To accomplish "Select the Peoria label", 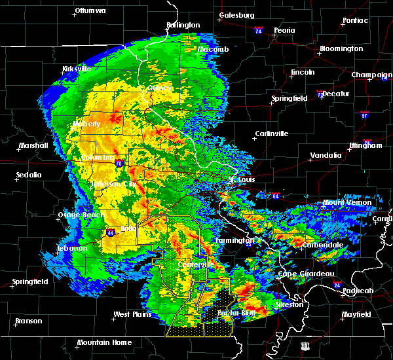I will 284,30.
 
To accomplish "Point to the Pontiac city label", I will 354,20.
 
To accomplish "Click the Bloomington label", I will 341,49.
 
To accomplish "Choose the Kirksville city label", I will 76,69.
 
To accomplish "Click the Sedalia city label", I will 29,175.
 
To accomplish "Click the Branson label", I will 29,321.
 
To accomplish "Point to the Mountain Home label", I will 104,342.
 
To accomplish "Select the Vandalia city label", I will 326,155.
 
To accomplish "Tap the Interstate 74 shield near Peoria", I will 259,31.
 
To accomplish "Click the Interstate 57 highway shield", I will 364,116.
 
